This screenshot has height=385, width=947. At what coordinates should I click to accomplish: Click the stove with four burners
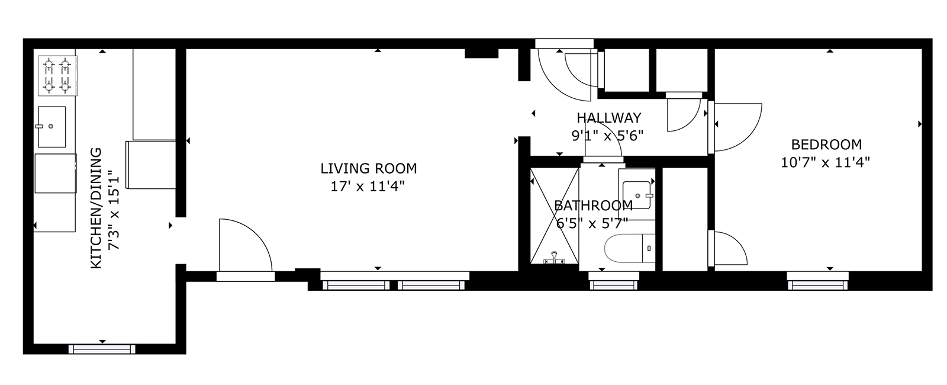[58, 76]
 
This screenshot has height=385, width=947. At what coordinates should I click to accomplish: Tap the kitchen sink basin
[52, 127]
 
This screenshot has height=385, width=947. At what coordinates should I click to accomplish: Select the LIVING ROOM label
[369, 168]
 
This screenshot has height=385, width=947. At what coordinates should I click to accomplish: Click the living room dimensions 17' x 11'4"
[368, 187]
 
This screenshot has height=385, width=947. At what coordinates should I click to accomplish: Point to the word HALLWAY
[609, 118]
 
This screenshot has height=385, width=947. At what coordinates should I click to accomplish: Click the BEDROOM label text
[826, 145]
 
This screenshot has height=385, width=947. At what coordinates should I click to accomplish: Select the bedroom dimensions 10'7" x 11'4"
[825, 162]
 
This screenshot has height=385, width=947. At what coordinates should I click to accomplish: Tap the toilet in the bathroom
[630, 248]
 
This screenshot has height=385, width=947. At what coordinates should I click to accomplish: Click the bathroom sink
[637, 195]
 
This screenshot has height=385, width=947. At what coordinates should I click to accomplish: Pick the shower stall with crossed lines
[555, 216]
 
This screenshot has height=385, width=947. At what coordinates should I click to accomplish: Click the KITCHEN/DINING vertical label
[96, 208]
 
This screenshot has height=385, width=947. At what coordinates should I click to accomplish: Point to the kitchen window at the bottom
[102, 349]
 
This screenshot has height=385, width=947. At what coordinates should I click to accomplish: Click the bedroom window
[817, 285]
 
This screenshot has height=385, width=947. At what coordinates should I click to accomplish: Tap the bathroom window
[613, 285]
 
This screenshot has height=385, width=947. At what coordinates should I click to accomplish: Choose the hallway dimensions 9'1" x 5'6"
[607, 136]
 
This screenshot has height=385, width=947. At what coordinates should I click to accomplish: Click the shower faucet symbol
[554, 258]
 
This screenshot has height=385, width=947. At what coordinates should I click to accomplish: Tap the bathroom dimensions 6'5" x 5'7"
[592, 223]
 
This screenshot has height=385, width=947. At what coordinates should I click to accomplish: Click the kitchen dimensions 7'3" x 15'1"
[114, 210]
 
